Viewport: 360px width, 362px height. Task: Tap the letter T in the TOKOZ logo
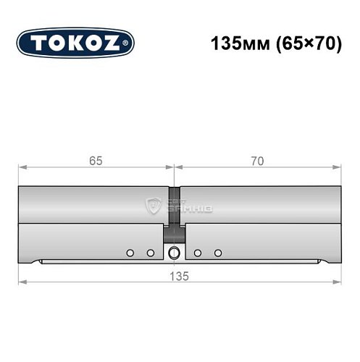[38, 43]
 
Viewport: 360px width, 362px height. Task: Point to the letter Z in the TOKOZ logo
[114, 43]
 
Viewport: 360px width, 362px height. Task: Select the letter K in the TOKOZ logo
[76, 43]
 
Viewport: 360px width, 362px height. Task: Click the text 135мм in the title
[234, 43]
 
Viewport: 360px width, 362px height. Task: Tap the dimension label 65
[96, 161]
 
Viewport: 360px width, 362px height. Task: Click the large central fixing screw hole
[174, 253]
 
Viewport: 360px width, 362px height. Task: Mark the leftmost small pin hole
[130, 253]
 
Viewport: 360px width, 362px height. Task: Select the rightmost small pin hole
[218, 253]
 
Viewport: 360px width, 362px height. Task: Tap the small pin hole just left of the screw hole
[151, 253]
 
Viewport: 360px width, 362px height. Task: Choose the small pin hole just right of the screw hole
[197, 253]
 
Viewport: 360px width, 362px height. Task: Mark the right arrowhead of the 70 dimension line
[338, 167]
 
